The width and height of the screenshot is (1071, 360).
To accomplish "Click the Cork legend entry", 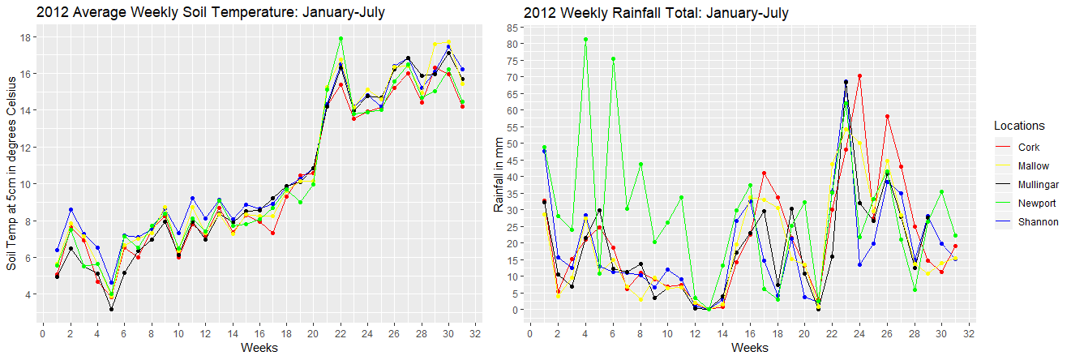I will [x=1028, y=148].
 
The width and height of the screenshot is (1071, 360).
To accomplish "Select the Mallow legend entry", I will [x=1032, y=166].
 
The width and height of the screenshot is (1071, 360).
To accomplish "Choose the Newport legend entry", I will [x=1035, y=204].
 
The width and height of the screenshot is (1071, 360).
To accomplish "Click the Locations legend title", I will [x=1018, y=126].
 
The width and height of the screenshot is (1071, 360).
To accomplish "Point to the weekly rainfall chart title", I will [x=656, y=12].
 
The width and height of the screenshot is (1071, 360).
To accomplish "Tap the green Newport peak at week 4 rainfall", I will [x=585, y=39].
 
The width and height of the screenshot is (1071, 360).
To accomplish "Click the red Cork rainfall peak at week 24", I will [x=859, y=76].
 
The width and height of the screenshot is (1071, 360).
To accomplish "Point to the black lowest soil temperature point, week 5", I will [x=111, y=309].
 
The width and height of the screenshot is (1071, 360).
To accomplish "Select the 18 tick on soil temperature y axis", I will [x=26, y=37].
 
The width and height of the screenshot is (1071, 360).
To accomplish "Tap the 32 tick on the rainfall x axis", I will [x=970, y=333].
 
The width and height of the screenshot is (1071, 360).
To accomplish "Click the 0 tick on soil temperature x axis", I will [x=43, y=333].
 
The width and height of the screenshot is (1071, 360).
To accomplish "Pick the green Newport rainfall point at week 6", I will [x=613, y=59].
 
